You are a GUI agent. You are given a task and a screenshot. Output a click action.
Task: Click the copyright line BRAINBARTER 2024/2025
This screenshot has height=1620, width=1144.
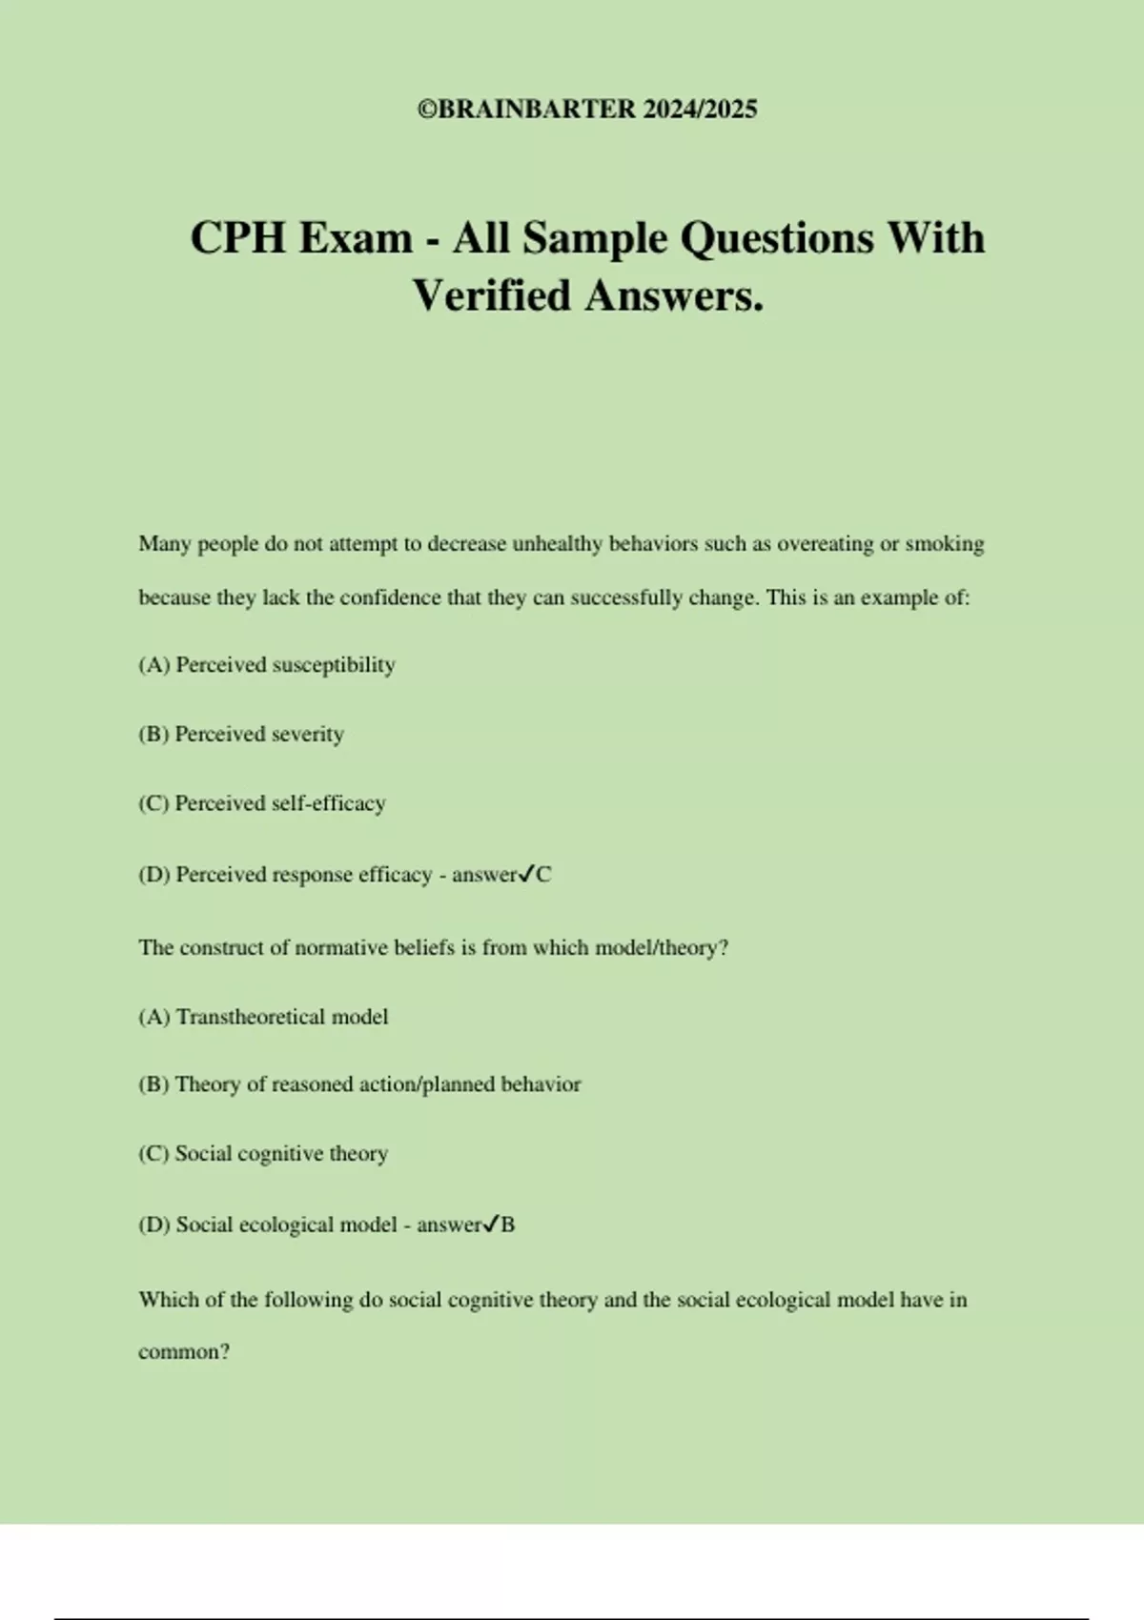[x=587, y=110]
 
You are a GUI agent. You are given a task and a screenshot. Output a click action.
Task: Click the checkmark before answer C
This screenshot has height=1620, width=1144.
[x=526, y=874]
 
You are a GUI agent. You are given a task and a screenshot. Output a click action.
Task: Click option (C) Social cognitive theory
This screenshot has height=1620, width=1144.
[x=262, y=1154]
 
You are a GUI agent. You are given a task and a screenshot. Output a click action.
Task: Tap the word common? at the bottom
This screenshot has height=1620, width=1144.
[x=184, y=1352]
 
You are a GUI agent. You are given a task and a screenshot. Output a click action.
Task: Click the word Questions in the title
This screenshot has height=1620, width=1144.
[x=776, y=237]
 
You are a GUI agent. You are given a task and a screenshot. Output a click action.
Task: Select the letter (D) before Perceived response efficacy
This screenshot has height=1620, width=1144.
[x=153, y=875]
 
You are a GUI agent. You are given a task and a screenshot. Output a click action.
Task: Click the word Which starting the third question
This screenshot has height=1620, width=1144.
[x=169, y=1300]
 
